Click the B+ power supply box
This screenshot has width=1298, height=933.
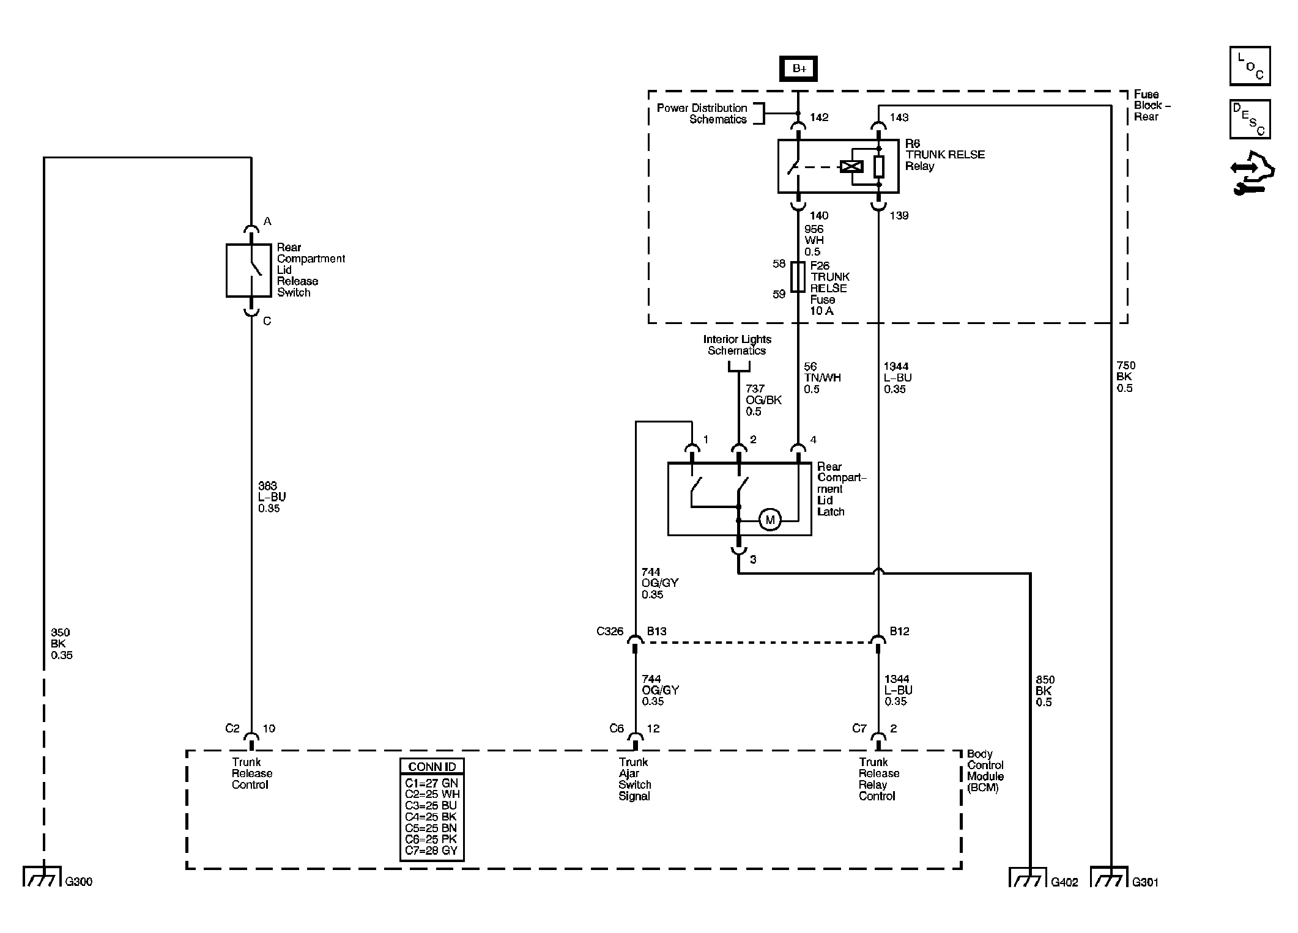798,68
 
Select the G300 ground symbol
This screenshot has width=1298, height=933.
42,876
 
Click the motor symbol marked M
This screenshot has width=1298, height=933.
770,520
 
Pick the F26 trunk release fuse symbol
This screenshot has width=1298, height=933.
798,277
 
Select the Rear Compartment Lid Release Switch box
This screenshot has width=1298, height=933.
248,270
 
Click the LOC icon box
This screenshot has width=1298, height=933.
1250,66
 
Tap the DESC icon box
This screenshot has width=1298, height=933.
1250,119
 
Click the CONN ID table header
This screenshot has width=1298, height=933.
432,767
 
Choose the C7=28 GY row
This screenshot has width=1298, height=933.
431,850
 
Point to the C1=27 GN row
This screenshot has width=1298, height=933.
431,783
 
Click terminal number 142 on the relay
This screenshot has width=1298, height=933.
819,117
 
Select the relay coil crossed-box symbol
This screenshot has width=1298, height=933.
851,166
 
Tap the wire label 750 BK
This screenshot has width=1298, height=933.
1126,377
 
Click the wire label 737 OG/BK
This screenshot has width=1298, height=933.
763,400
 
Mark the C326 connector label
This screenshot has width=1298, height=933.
610,631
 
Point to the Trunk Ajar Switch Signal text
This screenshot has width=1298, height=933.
634,779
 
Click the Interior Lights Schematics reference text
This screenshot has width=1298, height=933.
737,345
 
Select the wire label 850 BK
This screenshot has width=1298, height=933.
1044,691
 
